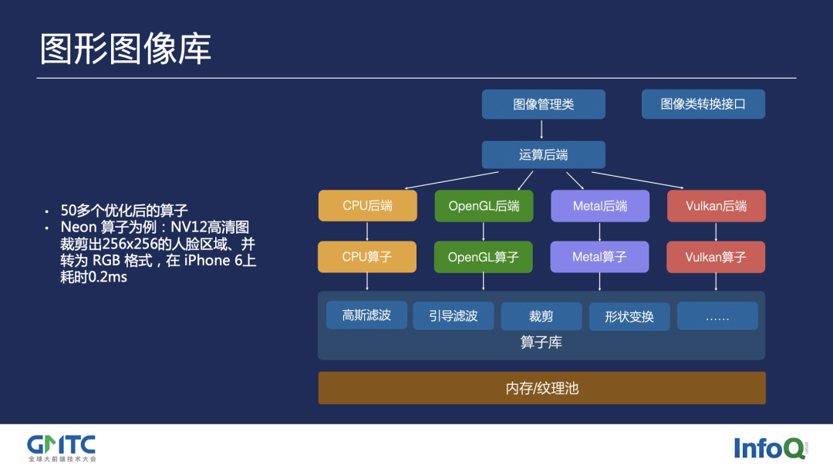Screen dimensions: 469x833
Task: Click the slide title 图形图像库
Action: coord(126,49)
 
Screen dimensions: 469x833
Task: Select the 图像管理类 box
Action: coord(543,104)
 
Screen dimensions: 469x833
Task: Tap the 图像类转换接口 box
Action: coord(703,104)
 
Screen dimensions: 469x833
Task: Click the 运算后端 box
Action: coord(543,154)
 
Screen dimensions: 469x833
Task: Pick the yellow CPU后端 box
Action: coord(367,206)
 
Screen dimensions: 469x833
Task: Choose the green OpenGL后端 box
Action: coord(484,206)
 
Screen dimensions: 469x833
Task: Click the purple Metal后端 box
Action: coord(599,206)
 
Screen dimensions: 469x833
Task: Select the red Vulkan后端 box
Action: coord(716,206)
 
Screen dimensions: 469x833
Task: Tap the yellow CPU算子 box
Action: coord(367,257)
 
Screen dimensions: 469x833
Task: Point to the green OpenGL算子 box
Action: coord(484,257)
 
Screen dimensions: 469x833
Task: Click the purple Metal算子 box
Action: coord(599,257)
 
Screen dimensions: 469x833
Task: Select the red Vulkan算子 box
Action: coord(716,257)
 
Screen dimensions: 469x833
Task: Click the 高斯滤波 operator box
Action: coord(366,315)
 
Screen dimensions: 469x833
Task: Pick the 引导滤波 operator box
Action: coord(454,315)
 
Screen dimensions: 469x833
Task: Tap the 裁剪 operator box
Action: coord(541,316)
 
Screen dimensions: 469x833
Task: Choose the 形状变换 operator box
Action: coord(629,316)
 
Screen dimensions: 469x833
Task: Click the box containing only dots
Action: coord(717,316)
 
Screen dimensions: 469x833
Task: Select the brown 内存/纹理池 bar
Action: coord(541,388)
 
